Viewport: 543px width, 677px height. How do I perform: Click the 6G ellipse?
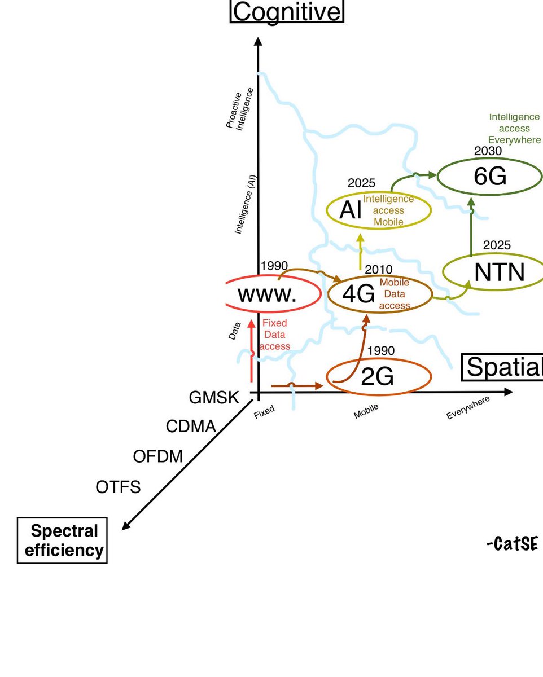[x=490, y=177]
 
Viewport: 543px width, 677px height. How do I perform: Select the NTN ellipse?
[x=493, y=272]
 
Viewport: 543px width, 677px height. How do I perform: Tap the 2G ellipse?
[x=378, y=377]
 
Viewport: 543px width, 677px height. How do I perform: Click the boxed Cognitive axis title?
[x=287, y=11]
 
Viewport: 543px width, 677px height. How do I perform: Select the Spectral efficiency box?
[x=63, y=540]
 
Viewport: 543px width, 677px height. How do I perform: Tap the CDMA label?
[x=191, y=427]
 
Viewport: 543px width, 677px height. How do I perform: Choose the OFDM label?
[x=158, y=456]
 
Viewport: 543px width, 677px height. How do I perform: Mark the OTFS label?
[x=118, y=486]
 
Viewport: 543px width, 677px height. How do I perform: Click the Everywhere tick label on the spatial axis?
[x=468, y=407]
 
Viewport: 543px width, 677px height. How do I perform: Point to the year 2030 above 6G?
[x=488, y=151]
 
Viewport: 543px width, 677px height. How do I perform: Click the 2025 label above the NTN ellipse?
[x=497, y=245]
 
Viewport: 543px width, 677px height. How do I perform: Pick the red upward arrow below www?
[x=252, y=350]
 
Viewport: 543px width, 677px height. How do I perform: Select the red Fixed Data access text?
[x=275, y=335]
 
